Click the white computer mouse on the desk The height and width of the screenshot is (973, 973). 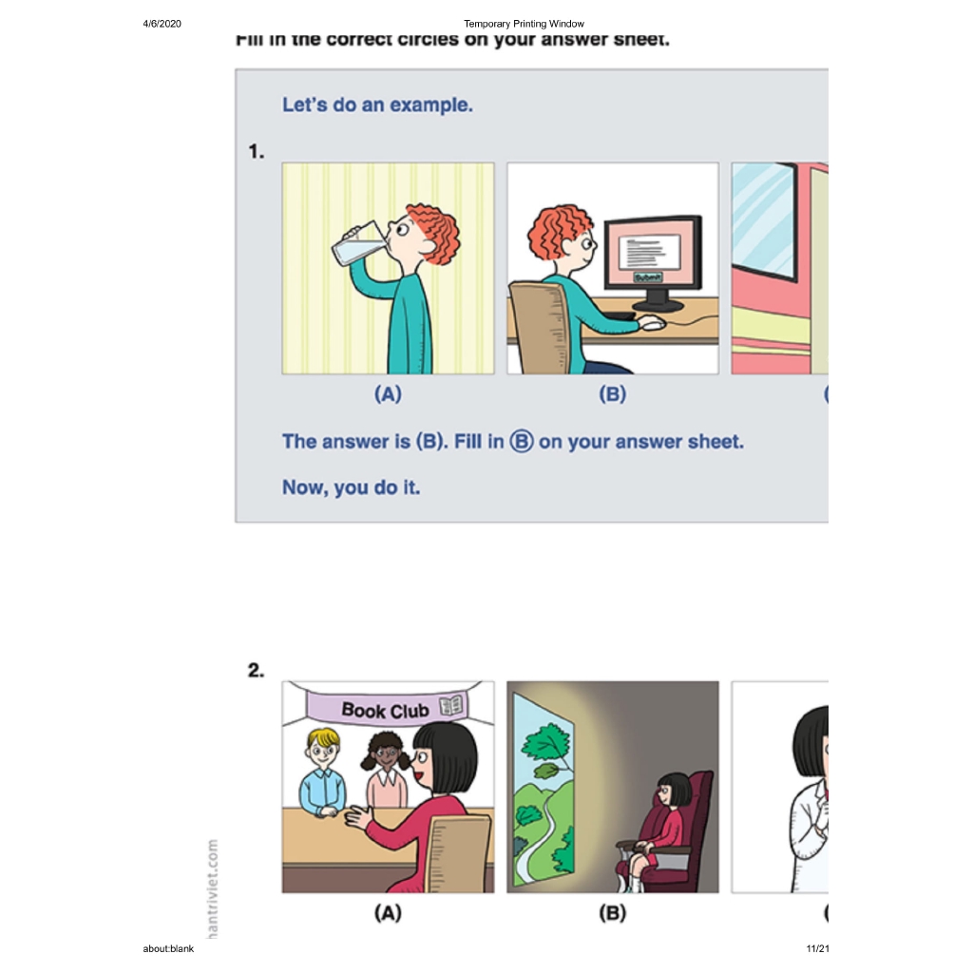(651, 324)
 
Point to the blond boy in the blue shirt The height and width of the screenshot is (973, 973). (322, 773)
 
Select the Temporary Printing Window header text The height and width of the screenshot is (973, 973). (524, 24)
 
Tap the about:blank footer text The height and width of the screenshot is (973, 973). (168, 949)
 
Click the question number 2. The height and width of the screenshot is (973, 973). (256, 671)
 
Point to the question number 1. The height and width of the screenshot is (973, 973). (256, 152)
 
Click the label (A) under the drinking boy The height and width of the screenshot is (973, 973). (388, 394)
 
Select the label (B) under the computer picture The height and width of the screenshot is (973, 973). (612, 394)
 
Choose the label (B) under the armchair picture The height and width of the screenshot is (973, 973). (612, 913)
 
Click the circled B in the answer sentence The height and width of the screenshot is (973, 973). (522, 442)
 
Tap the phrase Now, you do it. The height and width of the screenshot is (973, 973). (351, 487)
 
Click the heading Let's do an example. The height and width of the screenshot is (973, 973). (377, 105)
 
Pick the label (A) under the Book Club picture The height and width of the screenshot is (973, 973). (388, 913)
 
